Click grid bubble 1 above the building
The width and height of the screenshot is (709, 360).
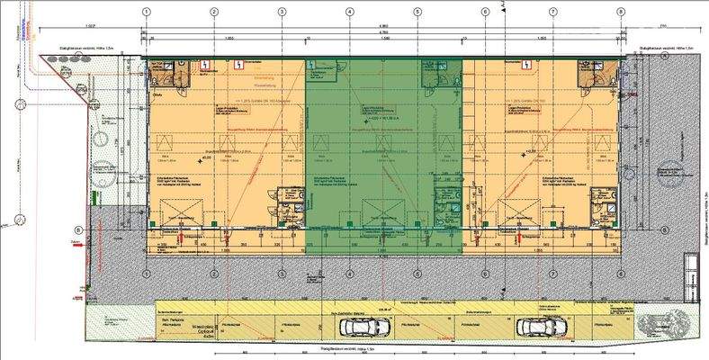(146, 12)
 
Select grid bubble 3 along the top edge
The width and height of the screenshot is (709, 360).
(282, 12)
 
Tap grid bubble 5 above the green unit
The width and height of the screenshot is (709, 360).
(417, 12)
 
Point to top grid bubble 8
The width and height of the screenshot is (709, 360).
(620, 12)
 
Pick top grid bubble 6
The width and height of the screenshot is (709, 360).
(485, 12)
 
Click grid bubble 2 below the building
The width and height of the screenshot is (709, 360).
(214, 274)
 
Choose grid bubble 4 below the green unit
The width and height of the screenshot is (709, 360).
(349, 274)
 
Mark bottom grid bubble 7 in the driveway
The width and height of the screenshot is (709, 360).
(552, 274)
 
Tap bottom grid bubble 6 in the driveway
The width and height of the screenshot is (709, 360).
(485, 274)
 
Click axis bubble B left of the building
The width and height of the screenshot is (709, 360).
(78, 229)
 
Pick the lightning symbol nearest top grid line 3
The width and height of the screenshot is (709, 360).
(238, 65)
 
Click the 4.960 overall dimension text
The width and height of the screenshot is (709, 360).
(382, 25)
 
